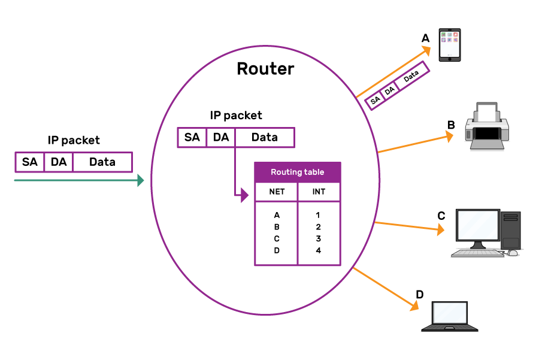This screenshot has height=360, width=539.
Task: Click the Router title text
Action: (x=265, y=69)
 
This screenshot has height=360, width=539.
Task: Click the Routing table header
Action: (x=298, y=172)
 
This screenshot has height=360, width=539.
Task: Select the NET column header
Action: (x=276, y=192)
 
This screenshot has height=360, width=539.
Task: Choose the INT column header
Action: (x=319, y=192)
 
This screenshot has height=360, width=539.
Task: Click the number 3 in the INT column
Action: (x=319, y=238)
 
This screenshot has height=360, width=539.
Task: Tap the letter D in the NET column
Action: (x=277, y=250)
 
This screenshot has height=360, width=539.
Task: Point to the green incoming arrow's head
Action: (x=141, y=180)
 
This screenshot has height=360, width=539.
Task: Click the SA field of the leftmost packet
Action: (x=29, y=162)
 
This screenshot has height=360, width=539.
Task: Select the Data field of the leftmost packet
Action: (x=102, y=162)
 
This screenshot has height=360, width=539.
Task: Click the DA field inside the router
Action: (x=221, y=137)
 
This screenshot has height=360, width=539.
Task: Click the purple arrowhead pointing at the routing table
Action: (x=244, y=195)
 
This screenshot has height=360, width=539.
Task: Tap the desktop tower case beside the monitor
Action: (x=511, y=231)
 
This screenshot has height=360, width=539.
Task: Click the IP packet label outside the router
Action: (x=74, y=140)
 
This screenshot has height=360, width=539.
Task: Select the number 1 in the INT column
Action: (x=319, y=214)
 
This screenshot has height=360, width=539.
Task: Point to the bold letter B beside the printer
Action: (x=451, y=125)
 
